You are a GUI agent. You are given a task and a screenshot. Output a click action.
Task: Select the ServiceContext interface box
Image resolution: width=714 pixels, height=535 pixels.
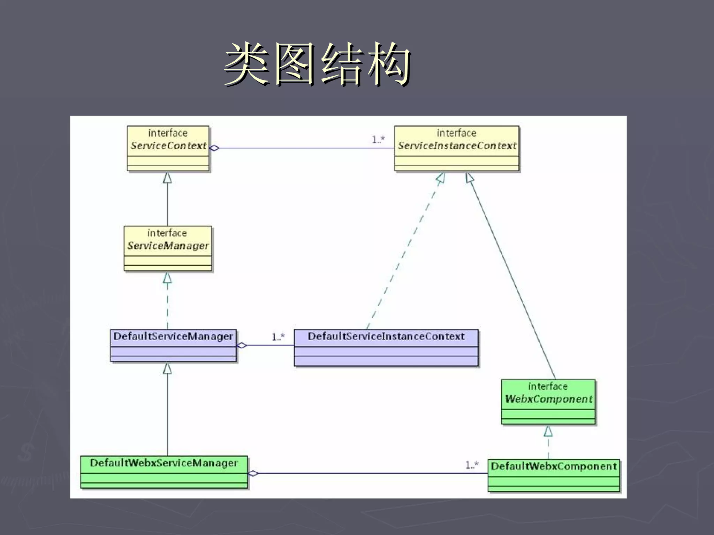coord(168,148)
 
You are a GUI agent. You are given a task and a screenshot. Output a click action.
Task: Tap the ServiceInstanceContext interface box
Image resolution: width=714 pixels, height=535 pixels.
coord(457,148)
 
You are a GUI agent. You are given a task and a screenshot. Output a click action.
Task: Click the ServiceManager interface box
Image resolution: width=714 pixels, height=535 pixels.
coord(168,248)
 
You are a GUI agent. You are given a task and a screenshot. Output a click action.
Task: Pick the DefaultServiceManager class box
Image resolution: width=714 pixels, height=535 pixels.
coord(173,345)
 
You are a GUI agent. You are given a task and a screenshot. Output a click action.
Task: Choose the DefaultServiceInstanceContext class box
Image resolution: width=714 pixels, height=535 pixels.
coord(386,348)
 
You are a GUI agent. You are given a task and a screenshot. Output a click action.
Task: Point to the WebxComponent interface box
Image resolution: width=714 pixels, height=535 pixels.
coord(548,402)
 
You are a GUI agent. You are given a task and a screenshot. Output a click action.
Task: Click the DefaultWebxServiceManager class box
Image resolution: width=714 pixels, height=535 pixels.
coord(164,472)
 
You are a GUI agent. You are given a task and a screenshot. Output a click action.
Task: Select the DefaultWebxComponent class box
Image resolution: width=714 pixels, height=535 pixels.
coord(554,475)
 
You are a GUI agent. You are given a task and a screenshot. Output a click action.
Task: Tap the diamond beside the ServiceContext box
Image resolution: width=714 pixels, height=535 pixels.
coord(215,148)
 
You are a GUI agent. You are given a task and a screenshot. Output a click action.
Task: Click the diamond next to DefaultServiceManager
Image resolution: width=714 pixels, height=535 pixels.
coord(242,346)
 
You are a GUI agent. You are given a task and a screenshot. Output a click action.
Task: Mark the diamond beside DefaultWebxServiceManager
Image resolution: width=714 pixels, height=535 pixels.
coord(253,473)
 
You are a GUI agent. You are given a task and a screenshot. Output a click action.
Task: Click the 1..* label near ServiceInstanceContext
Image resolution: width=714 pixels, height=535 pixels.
coord(378,140)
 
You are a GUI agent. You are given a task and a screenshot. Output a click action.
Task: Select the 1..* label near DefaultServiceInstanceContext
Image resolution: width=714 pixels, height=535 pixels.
coord(278,337)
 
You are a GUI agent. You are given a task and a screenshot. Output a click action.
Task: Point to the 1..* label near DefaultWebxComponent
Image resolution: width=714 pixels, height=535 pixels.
coord(472,465)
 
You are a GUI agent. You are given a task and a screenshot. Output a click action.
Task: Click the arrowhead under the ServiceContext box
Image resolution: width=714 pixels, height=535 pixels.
coord(167,178)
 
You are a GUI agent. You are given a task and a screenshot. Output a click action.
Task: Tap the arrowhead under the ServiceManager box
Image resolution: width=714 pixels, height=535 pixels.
coord(167,278)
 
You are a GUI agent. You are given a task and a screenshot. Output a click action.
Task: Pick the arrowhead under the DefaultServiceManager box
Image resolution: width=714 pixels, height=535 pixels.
coord(167,368)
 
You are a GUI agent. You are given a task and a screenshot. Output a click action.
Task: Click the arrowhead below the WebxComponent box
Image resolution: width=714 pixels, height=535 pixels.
coord(548,431)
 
